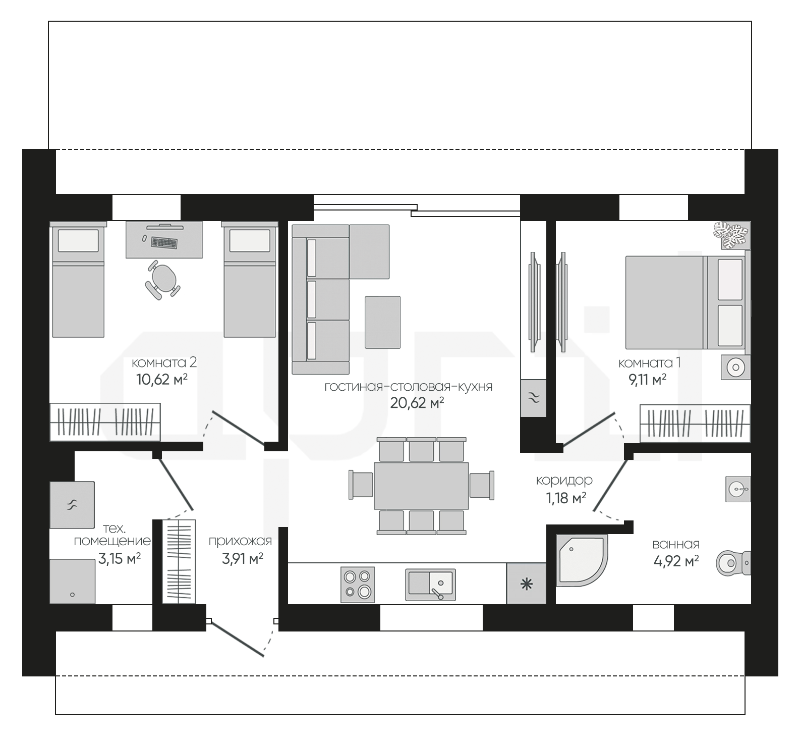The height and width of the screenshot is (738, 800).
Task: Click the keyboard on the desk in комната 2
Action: click(164, 243)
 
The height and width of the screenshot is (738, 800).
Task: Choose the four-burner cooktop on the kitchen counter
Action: click(358, 584)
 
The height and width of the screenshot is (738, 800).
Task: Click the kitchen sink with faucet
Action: click(430, 585)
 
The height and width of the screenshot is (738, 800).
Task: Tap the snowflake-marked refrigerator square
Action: click(526, 584)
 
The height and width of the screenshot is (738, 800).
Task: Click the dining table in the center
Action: click(421, 486)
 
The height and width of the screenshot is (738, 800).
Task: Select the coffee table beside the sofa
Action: click(383, 322)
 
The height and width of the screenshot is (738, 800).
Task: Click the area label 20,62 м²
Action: click(417, 402)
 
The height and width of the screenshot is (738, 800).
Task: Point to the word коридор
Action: click(564, 481)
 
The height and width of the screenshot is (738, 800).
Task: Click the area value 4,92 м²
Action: click(676, 561)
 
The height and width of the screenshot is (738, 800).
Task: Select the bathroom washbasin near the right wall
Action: click(738, 489)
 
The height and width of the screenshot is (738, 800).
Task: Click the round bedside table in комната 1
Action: click(735, 367)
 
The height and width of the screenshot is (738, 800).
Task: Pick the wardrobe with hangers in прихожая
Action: click(178, 561)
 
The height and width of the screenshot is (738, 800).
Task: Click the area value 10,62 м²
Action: click(162, 379)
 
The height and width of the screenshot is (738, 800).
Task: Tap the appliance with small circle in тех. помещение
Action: click(73, 581)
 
